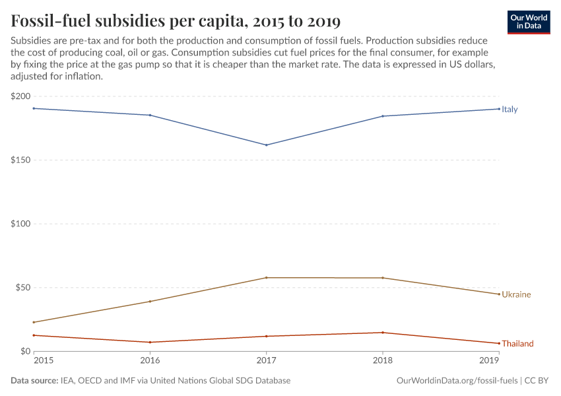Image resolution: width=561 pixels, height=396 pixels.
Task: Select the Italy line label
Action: pos(510,110)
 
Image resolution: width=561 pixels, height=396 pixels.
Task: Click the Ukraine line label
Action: pos(515,294)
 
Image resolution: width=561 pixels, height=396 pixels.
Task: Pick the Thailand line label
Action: pos(517,344)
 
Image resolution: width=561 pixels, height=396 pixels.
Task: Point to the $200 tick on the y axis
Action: pos(20,96)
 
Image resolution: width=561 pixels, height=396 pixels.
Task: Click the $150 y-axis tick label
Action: pos(20,160)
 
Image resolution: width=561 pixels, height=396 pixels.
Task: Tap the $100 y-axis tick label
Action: pos(20,224)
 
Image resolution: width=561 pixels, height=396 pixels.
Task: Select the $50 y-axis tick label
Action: pos(22,288)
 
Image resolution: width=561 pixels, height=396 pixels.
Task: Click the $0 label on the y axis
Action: pos(25,351)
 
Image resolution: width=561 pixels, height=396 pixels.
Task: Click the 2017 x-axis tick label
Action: pos(266,361)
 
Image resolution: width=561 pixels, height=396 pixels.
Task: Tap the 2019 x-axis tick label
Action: pos(489,361)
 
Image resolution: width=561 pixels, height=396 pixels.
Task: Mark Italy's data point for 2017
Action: pos(266,145)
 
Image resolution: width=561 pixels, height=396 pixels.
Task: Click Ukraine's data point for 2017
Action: pos(266,278)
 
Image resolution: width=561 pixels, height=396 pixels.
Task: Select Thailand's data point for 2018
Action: pos(383,333)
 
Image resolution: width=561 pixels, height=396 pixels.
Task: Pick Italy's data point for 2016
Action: pos(150,115)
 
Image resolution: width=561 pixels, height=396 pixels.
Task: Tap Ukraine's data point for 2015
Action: pos(34,322)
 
